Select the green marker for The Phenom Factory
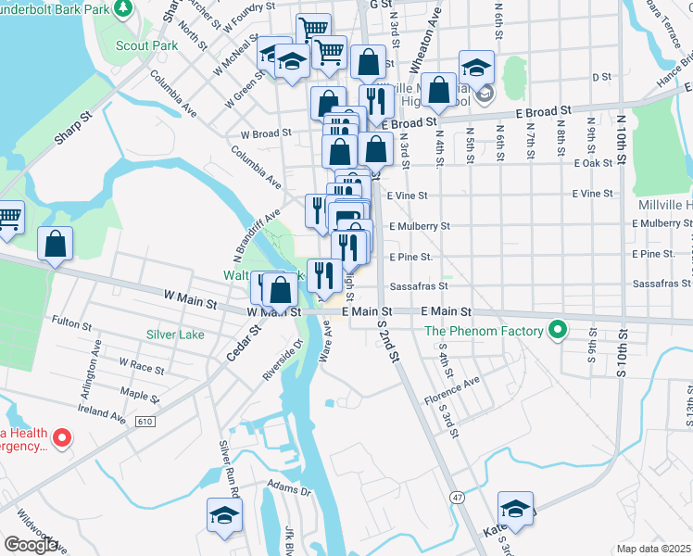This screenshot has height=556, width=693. click(x=556, y=329)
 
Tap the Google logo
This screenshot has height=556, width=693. click(x=30, y=544)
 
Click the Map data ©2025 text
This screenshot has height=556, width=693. click(x=653, y=549)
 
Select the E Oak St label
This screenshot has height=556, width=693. click(x=594, y=163)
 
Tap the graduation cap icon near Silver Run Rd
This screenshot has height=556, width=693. click(x=224, y=515)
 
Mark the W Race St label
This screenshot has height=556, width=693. click(x=141, y=368)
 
